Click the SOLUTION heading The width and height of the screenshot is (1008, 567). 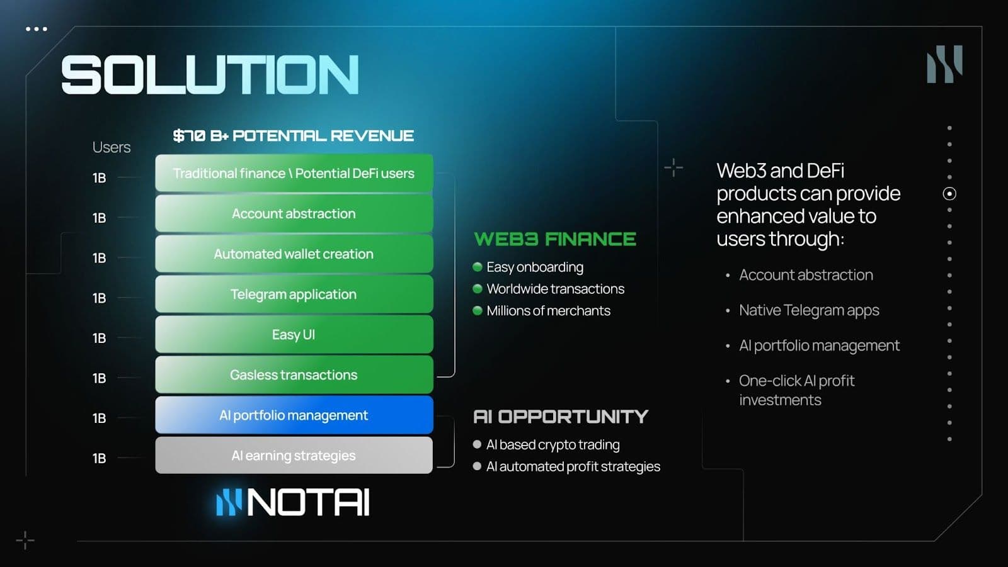click(x=210, y=75)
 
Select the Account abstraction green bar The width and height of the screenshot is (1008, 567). click(x=294, y=214)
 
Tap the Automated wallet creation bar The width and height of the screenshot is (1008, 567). click(x=294, y=254)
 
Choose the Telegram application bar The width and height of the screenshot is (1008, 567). click(x=294, y=295)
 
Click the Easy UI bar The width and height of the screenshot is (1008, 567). click(x=294, y=335)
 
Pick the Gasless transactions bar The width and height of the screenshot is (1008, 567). click(x=294, y=375)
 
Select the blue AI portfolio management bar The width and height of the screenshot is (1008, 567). click(x=294, y=415)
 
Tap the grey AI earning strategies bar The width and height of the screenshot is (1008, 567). click(x=294, y=456)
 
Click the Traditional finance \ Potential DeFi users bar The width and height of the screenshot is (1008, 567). click(x=294, y=174)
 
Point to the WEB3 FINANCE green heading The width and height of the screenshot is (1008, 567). click(x=555, y=239)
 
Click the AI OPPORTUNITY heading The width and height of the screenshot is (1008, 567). click(x=560, y=417)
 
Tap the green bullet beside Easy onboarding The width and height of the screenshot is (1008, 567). click(x=478, y=267)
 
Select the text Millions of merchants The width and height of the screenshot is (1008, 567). click(x=548, y=311)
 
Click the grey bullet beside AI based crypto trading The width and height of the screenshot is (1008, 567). click(x=477, y=444)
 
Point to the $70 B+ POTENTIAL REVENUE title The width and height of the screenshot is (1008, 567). click(x=293, y=136)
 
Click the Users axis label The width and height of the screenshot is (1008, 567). click(x=112, y=147)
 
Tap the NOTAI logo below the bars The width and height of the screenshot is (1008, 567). click(x=292, y=503)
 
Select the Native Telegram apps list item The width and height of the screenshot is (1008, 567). click(x=809, y=310)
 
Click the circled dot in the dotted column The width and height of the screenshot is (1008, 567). click(x=949, y=194)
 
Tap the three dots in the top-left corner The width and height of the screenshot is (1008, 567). click(x=37, y=29)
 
